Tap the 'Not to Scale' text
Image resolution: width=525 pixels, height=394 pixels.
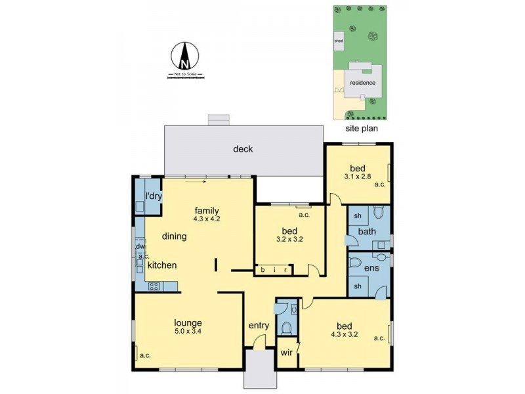[x=185, y=74]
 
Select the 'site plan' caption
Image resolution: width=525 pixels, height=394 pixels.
[x=362, y=129]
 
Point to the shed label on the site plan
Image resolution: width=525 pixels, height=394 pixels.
[x=339, y=41]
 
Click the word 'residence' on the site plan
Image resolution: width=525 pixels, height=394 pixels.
[x=362, y=83]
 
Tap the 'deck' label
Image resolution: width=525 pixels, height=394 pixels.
[x=243, y=149]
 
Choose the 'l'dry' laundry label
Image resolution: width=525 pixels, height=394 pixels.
[x=154, y=196]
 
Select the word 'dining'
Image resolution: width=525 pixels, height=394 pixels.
[x=175, y=236]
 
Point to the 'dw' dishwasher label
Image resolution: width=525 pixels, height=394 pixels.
[x=139, y=246]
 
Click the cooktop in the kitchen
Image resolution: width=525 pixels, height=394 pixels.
[x=155, y=286]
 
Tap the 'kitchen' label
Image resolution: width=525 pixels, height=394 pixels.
[x=161, y=265]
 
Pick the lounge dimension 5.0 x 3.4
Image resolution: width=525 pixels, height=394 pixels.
[x=188, y=332]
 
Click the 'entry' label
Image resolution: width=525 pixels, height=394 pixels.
[x=259, y=326]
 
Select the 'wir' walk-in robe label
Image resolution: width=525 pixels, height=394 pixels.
[x=286, y=353]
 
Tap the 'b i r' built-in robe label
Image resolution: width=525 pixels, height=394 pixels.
[x=275, y=270]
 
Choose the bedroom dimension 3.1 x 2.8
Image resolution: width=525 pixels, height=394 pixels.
[x=358, y=176]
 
